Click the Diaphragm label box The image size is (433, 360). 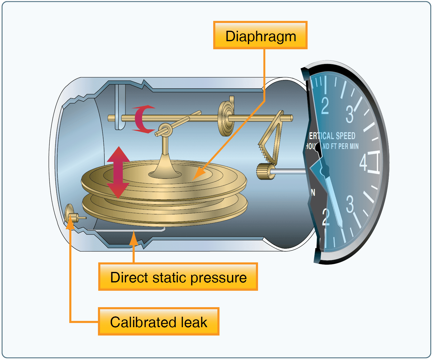point(260,35)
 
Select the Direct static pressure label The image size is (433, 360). point(178,277)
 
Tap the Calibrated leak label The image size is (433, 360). point(159,321)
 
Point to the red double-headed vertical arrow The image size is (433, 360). point(118,173)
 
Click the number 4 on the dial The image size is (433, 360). point(363,163)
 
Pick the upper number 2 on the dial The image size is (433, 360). point(325,106)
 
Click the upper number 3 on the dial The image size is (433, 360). point(350,114)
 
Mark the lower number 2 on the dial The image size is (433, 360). point(326,217)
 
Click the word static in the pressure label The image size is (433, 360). point(170,277)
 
